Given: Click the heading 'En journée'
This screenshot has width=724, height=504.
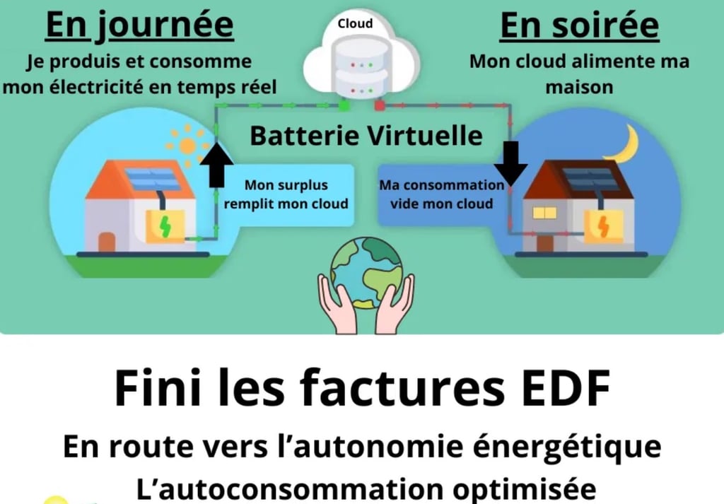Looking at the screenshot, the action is pos(139,25).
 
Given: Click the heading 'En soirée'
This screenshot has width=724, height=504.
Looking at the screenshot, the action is pos(579,25).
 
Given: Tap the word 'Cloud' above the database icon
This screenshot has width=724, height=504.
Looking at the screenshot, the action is pos(355,23).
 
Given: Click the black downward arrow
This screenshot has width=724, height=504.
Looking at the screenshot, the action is pos(510,162).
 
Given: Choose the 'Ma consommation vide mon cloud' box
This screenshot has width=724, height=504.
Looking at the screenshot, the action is pos(441,194).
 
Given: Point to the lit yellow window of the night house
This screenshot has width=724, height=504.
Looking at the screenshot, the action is pos(544,212).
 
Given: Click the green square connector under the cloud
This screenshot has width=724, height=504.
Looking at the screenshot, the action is pos(344,106).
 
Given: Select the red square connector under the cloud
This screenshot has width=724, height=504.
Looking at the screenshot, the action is pos(378,106).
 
